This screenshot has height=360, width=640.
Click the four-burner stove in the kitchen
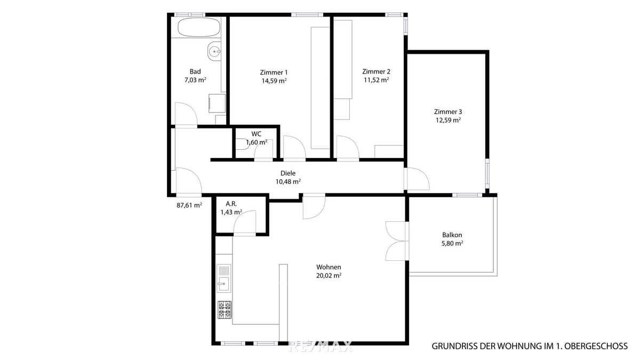[x=225, y=310]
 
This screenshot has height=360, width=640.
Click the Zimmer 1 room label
[x=274, y=73]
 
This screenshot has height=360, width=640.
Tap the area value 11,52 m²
[x=376, y=80]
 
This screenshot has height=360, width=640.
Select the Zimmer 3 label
[x=447, y=112]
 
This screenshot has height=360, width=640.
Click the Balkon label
[x=452, y=235]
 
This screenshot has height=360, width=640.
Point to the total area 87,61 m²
[x=189, y=205]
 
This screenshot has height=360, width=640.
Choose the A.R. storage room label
[x=231, y=204]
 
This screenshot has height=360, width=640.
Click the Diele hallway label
[x=288, y=173]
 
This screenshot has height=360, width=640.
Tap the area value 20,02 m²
[x=329, y=276]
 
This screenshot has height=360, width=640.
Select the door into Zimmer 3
[x=416, y=179]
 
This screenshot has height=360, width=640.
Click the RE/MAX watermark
[x=320, y=347]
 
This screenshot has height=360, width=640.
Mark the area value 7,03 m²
[x=195, y=80]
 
